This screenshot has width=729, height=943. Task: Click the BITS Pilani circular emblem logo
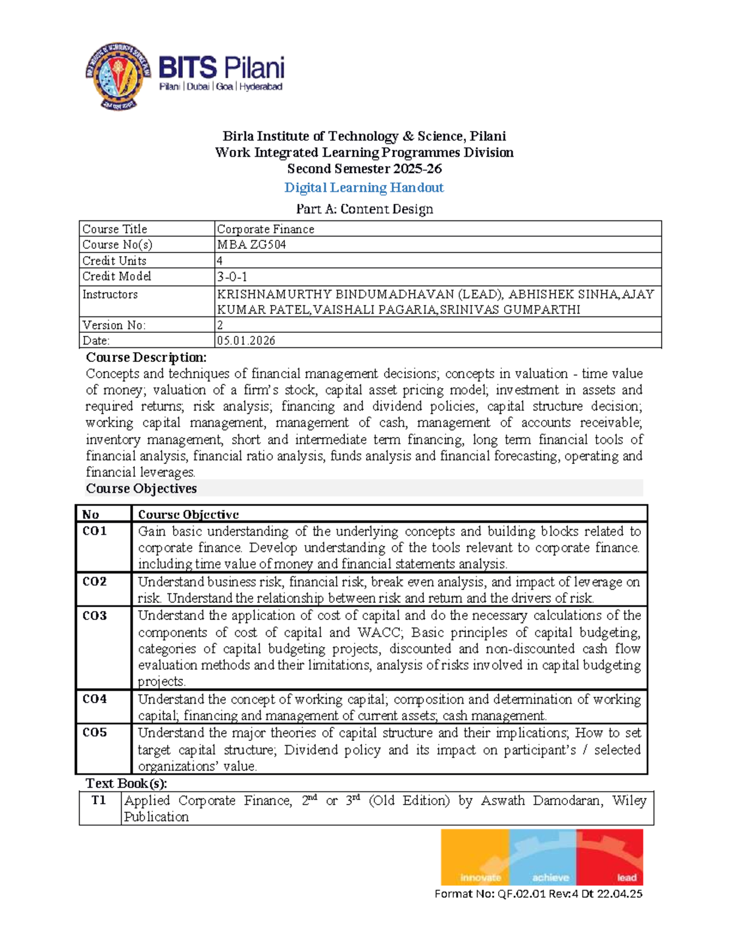(x=118, y=76)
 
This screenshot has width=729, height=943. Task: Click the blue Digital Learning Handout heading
(x=364, y=188)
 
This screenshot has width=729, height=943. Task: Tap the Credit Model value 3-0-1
(x=232, y=277)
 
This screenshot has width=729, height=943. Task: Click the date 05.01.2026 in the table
(x=246, y=341)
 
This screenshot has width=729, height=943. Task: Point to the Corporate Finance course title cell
(x=265, y=229)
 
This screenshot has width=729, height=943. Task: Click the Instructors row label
(x=110, y=294)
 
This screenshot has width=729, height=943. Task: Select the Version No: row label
(x=114, y=325)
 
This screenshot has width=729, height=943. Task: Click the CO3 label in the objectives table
(x=95, y=616)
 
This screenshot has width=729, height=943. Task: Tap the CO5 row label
(x=95, y=733)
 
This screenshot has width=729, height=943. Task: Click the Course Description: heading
(x=146, y=357)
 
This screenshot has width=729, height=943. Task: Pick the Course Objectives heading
(x=141, y=489)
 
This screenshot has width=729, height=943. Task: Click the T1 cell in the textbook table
(x=99, y=800)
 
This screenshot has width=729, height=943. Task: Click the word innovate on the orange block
(x=480, y=877)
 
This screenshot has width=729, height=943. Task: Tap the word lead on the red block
(x=626, y=877)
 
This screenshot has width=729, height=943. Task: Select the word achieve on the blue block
(x=550, y=877)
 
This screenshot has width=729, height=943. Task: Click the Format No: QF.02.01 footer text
(x=538, y=894)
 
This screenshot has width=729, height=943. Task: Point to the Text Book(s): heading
(x=126, y=783)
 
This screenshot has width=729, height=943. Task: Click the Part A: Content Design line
(x=364, y=209)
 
